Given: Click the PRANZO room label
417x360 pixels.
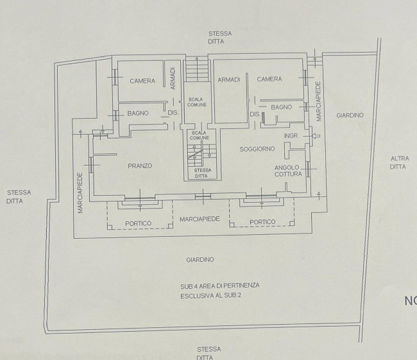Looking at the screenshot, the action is click(140, 166).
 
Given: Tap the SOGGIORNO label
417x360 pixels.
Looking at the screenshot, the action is click(257, 149).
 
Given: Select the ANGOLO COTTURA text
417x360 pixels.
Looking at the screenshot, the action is click(288, 171).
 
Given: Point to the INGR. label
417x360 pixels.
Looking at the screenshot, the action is click(291, 135).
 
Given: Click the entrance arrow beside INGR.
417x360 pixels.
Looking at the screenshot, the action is click(316, 136).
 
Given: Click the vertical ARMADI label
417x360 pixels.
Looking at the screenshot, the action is click(173, 78).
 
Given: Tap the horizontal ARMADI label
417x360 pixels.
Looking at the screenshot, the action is click(229, 80).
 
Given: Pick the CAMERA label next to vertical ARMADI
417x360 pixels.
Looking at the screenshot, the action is click(142, 81).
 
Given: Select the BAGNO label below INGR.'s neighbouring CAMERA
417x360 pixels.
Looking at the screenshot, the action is click(282, 107).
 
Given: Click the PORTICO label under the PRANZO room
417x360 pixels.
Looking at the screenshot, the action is click(138, 223).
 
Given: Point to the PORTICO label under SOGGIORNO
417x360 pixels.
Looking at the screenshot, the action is click(262, 222).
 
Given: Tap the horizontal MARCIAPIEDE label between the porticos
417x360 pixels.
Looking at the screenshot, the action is click(200, 219).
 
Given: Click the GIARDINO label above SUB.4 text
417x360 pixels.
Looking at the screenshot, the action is click(200, 260).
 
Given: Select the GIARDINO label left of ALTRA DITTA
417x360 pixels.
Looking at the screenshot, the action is click(350, 116).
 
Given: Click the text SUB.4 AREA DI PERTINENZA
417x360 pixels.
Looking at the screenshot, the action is click(219, 286).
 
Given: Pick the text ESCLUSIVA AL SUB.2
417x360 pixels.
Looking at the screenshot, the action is click(210, 296).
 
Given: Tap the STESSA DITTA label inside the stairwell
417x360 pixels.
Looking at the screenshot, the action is click(202, 173).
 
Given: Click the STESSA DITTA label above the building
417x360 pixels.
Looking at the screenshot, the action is click(219, 37).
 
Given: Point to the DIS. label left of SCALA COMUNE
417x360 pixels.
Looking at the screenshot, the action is click(173, 113).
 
